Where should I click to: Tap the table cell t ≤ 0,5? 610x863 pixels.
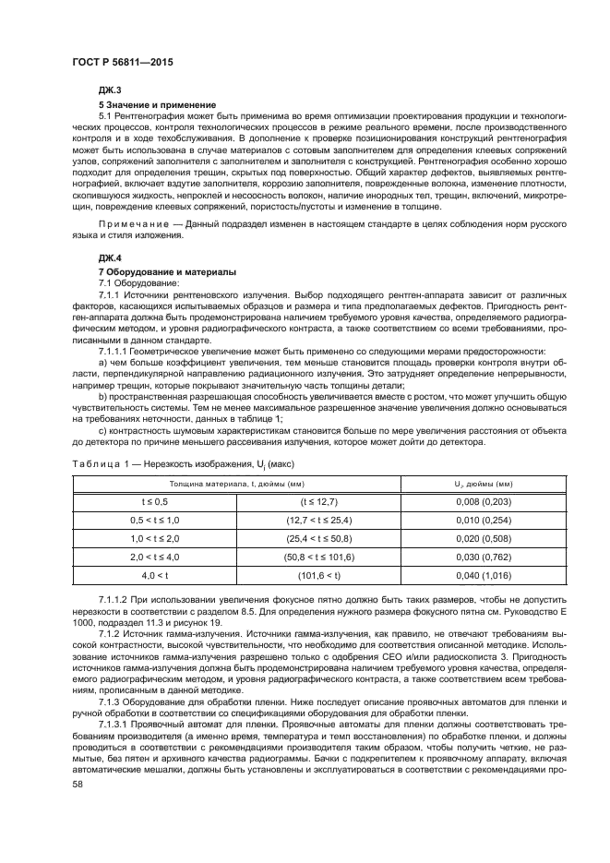[x=154, y=500]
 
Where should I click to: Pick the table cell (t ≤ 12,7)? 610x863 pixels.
[x=319, y=500]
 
